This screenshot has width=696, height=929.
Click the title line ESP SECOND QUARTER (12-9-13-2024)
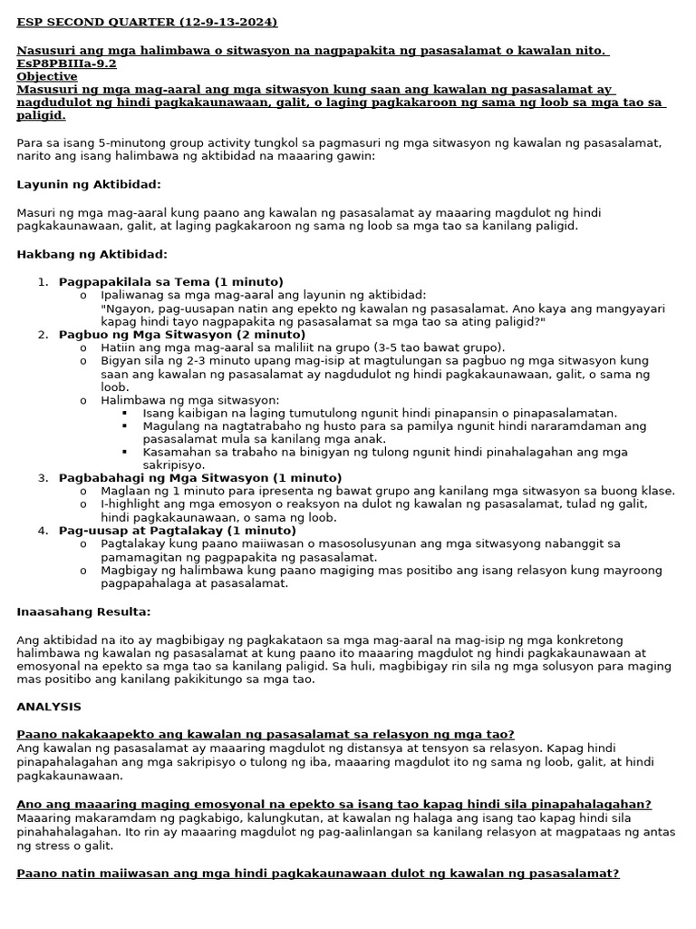point(147,22)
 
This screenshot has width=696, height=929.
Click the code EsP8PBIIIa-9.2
point(66,64)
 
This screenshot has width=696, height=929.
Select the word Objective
point(47,77)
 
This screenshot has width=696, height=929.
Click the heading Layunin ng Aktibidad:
point(89,184)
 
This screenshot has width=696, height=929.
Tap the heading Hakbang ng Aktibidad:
point(92,254)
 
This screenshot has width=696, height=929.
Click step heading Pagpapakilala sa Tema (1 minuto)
point(170,281)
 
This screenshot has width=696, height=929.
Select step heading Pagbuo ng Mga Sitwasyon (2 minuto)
point(169,334)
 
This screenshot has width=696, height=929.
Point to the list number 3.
point(42,477)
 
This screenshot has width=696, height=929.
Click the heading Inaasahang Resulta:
point(83,612)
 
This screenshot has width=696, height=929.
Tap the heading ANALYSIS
point(49,706)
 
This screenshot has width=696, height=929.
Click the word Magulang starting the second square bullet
point(170,425)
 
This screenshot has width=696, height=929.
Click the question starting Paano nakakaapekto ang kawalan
point(266,733)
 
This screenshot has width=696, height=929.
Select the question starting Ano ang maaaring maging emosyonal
point(333,804)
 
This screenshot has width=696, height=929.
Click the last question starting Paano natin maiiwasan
point(317,874)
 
